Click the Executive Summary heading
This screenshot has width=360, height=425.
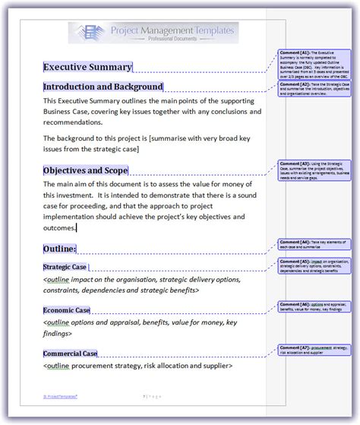click(87, 67)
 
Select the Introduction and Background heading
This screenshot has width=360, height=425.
click(103, 87)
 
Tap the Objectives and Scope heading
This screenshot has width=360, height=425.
click(85, 170)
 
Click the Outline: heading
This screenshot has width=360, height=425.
click(59, 249)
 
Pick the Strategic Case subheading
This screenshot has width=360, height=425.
click(65, 267)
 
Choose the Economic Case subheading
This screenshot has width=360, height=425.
click(66, 310)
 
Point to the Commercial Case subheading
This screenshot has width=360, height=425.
click(70, 354)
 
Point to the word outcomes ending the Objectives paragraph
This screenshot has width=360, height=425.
click(59, 227)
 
